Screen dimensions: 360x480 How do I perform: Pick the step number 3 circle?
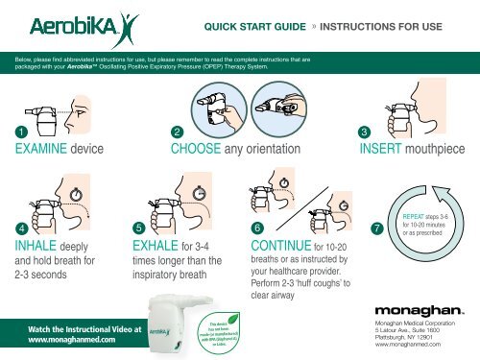[364, 132]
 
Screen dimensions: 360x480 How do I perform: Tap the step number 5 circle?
[140, 227]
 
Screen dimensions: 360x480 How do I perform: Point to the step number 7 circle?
[376, 228]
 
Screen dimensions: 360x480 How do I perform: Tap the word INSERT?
[385, 151]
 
